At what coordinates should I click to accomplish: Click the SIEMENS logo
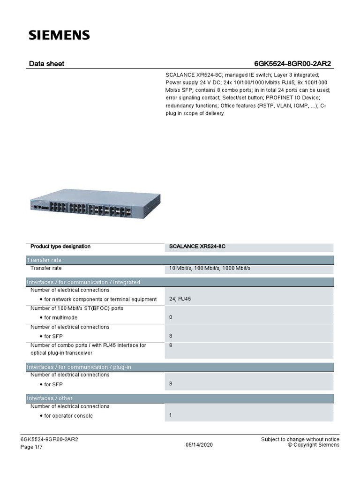pyautogui.click(x=59, y=35)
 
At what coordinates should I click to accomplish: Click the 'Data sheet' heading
pyautogui.click(x=47, y=63)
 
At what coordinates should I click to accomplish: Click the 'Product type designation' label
pyautogui.click(x=60, y=247)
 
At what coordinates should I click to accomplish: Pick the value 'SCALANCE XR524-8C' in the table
pyautogui.click(x=201, y=247)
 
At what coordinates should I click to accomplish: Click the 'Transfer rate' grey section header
pyautogui.click(x=44, y=260)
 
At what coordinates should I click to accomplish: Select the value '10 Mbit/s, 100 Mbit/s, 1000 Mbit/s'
pyautogui.click(x=210, y=268)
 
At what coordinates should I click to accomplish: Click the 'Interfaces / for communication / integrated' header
pyautogui.click(x=83, y=282)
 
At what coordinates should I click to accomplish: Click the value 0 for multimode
pyautogui.click(x=171, y=317)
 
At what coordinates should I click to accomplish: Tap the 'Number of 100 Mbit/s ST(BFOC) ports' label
pyautogui.click(x=77, y=308)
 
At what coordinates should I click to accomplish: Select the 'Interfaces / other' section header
pyautogui.click(x=50, y=398)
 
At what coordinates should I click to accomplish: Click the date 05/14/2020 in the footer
pyautogui.click(x=199, y=445)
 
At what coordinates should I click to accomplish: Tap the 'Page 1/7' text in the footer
pyautogui.click(x=31, y=447)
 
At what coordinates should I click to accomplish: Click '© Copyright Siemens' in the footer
pyautogui.click(x=313, y=445)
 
